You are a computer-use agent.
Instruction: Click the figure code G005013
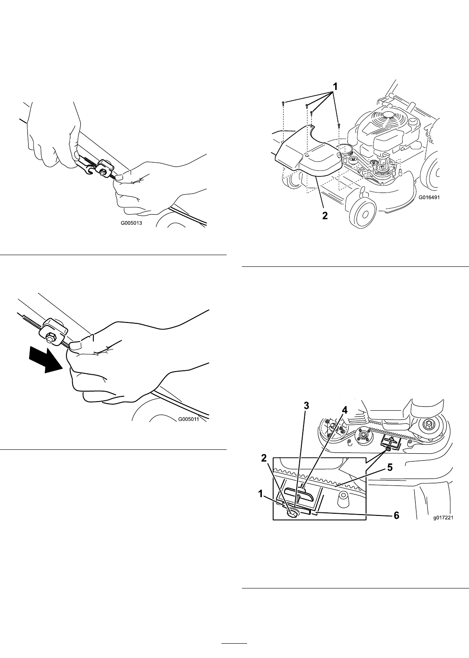click(132, 223)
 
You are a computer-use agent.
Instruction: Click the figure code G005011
click(188, 419)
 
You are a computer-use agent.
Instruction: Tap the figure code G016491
click(429, 198)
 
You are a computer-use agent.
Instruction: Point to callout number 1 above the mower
click(334, 87)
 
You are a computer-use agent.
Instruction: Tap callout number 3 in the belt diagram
click(306, 405)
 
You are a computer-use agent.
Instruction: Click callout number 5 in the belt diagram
click(390, 467)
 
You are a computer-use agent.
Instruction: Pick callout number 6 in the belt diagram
click(396, 515)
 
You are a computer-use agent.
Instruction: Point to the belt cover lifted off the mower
click(308, 153)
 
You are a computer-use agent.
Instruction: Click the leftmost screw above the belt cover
click(283, 103)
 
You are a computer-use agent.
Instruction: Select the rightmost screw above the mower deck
click(339, 125)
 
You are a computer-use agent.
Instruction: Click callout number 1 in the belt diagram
click(260, 494)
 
